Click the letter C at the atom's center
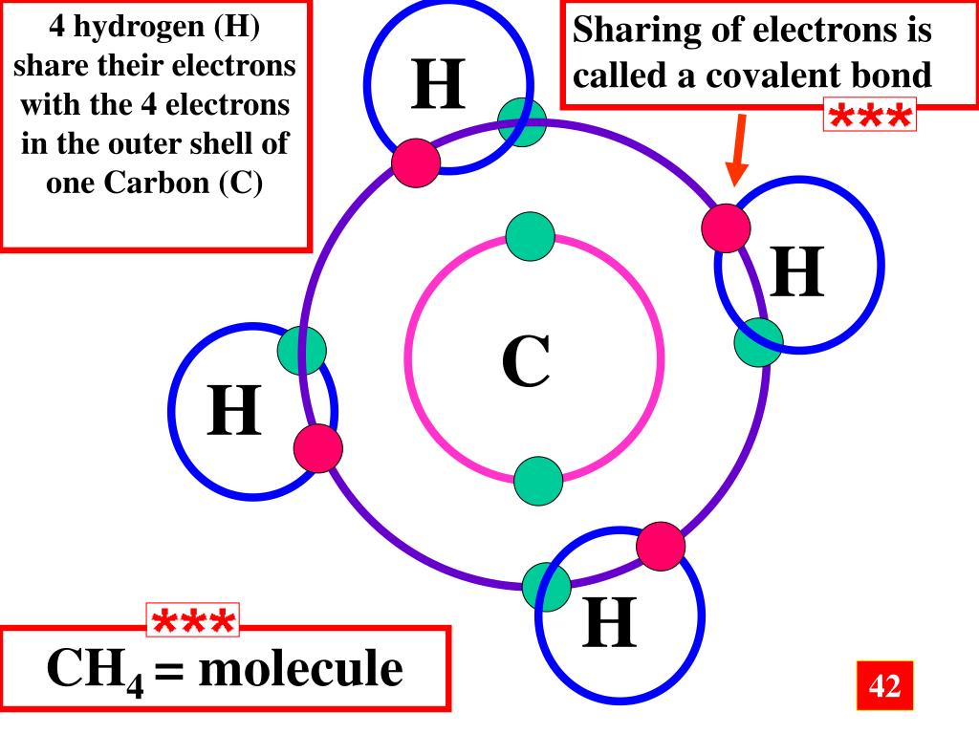526,362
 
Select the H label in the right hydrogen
798,271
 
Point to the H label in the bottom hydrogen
610,622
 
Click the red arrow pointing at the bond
737,150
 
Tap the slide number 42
884,685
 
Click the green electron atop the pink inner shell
530,237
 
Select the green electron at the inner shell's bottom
538,481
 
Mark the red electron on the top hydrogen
416,163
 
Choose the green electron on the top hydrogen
522,122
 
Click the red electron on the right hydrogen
726,227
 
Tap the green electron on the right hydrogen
758,342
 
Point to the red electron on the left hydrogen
317,448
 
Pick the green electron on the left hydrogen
302,349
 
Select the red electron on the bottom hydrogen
661,546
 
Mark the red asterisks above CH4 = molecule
193,622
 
